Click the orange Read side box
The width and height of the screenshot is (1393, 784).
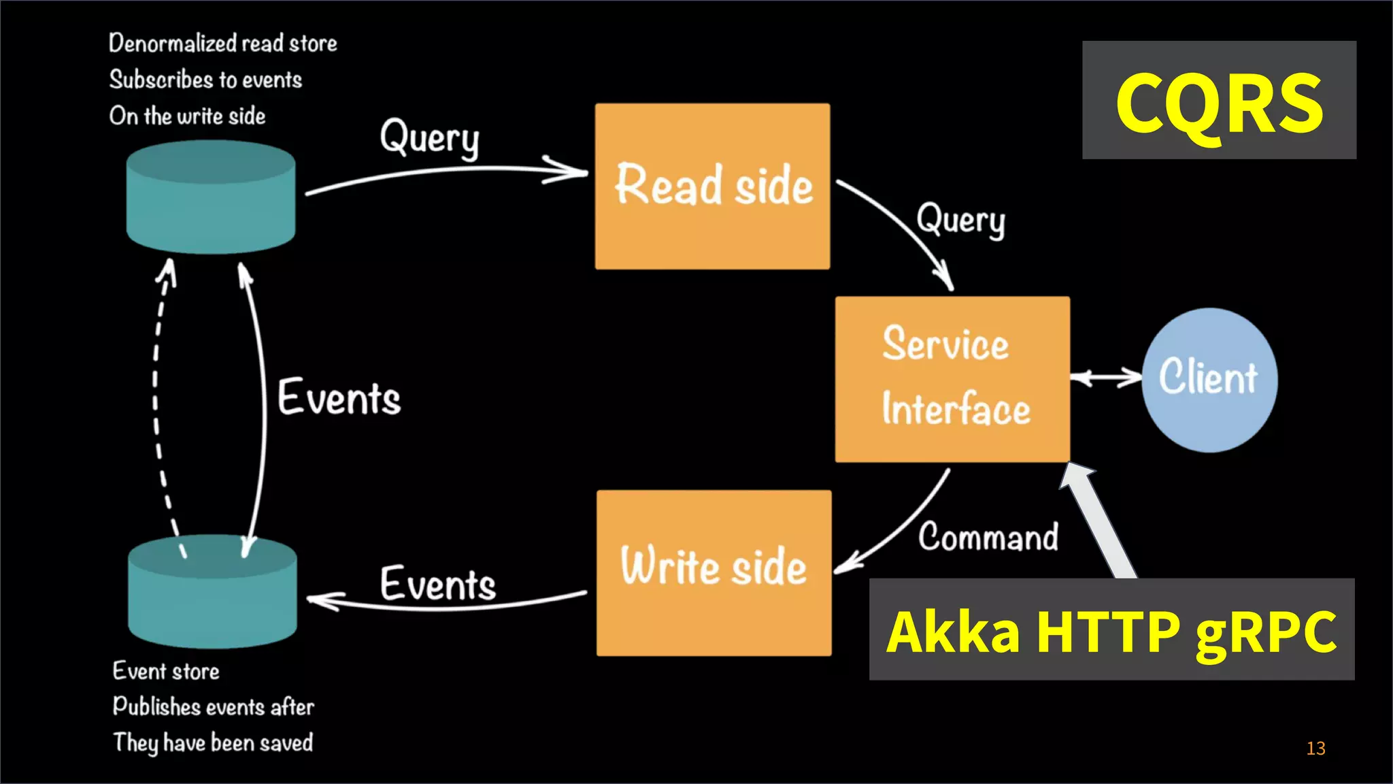click(x=712, y=186)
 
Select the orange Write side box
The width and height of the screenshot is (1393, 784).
click(x=714, y=572)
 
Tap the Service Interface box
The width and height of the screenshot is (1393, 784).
click(x=952, y=379)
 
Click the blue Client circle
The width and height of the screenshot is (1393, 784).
click(x=1209, y=379)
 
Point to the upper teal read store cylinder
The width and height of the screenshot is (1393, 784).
click(x=211, y=197)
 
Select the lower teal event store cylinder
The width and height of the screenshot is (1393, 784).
click(x=212, y=591)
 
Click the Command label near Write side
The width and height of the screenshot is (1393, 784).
click(x=988, y=537)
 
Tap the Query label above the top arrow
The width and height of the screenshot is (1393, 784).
click(x=430, y=138)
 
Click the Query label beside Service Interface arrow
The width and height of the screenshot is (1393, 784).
click(x=960, y=220)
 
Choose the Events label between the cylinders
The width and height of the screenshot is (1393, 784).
click(x=339, y=397)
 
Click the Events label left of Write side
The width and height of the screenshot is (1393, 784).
click(x=437, y=583)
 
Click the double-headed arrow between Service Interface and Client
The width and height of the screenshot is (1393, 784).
click(x=1106, y=378)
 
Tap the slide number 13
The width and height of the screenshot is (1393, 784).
click(x=1315, y=748)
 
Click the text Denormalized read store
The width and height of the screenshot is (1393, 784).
click(x=222, y=44)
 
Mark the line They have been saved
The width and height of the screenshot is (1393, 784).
click(x=213, y=742)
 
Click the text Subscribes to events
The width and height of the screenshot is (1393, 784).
click(x=205, y=80)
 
